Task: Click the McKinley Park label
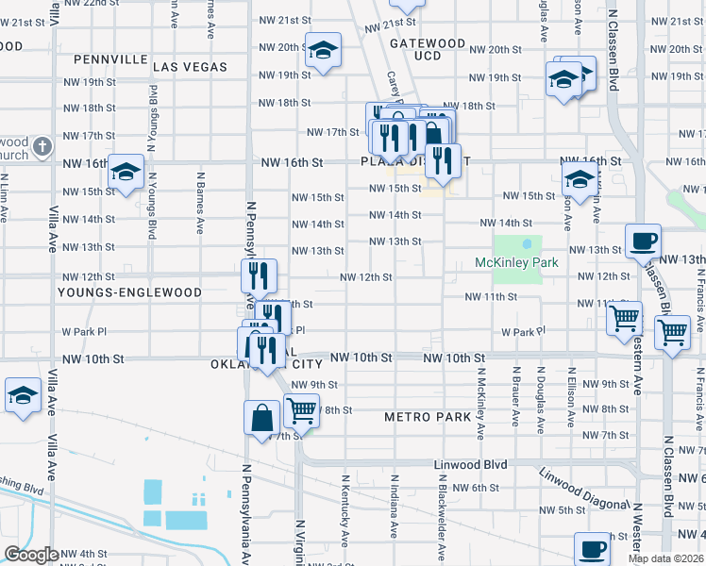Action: click(x=516, y=262)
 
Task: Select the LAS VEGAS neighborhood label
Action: click(x=190, y=67)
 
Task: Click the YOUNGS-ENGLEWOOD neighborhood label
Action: click(x=116, y=292)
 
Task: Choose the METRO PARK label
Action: click(x=428, y=417)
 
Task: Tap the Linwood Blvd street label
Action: click(x=470, y=465)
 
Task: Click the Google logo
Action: click(x=31, y=554)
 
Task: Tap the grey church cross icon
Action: click(x=42, y=146)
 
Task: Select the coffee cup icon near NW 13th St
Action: click(x=643, y=241)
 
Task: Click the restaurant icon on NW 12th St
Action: click(x=258, y=275)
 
